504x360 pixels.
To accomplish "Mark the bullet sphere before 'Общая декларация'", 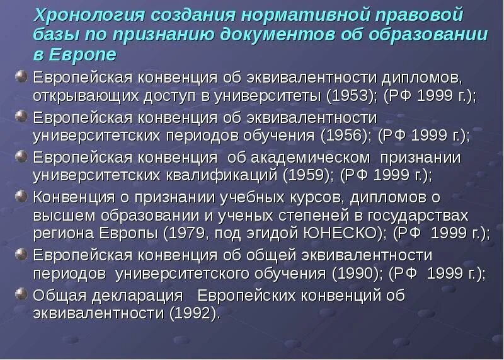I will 21,293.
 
